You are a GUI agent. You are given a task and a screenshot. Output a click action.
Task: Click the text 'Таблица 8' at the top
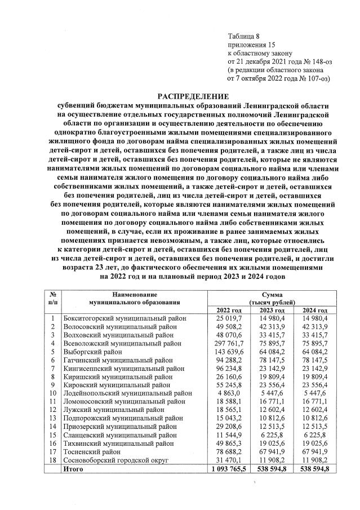243,36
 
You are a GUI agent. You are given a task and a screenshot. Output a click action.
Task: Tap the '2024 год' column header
315,311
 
